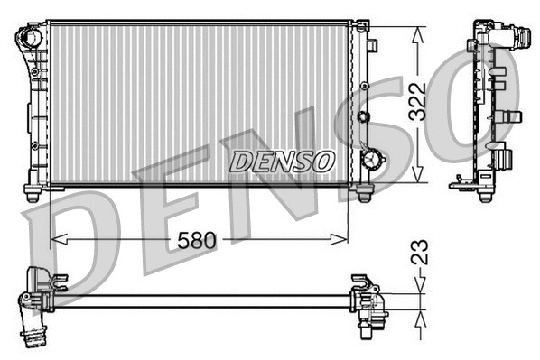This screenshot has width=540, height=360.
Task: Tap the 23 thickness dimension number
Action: (x=418, y=250)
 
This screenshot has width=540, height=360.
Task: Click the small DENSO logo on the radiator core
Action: (x=281, y=162)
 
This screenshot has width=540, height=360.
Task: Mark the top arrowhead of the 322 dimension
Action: (x=416, y=32)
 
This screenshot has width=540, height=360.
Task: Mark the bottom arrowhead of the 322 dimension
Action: (x=416, y=178)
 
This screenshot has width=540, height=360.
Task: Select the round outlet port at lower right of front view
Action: (x=370, y=159)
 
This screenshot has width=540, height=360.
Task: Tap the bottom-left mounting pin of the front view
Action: (x=33, y=193)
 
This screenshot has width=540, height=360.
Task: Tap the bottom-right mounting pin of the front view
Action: (x=364, y=193)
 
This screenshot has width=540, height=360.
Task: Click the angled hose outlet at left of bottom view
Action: (x=35, y=334)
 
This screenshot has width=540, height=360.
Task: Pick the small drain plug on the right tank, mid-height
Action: (x=363, y=116)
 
